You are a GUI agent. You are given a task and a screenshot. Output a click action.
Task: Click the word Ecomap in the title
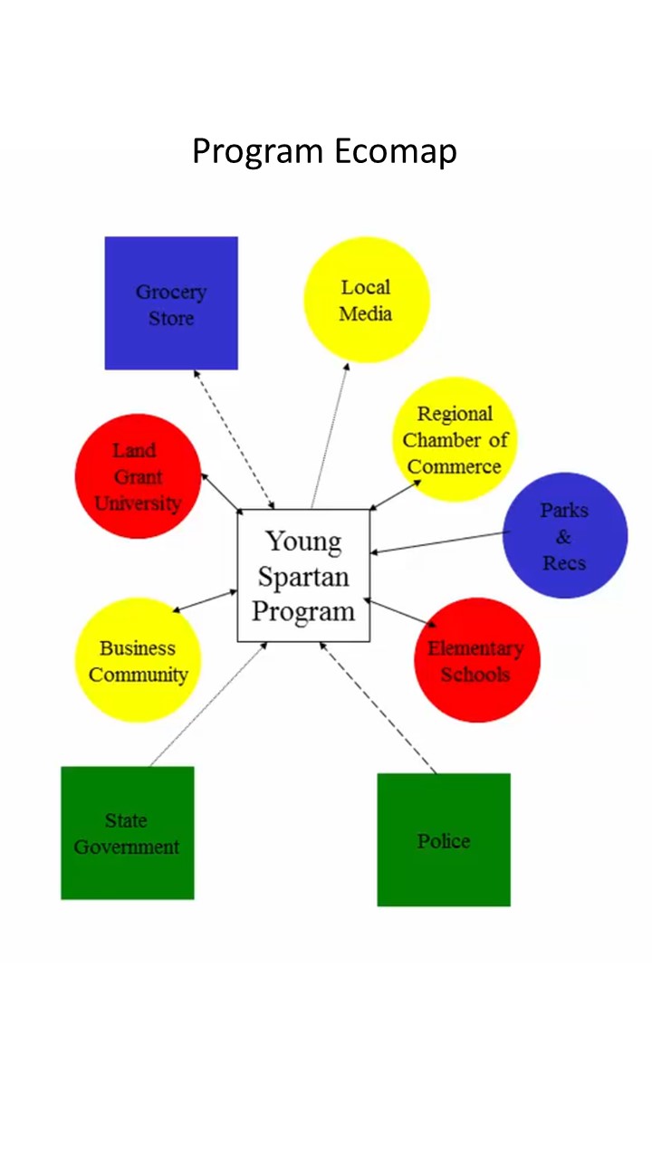tap(395, 150)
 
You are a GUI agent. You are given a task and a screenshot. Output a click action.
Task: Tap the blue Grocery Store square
tap(171, 303)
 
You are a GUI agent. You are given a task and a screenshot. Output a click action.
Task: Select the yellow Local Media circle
tap(366, 300)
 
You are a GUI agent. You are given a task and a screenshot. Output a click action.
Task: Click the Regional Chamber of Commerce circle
tap(454, 440)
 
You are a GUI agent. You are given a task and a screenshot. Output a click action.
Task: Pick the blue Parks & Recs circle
tap(564, 536)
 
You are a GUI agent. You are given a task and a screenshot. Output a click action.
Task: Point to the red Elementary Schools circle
tap(476, 660)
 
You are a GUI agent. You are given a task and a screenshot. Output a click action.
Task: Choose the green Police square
tap(444, 839)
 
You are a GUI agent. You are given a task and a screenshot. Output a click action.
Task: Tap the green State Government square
tap(127, 833)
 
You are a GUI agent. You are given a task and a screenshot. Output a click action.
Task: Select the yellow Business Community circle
tap(138, 660)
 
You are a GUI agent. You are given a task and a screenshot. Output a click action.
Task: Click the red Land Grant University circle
tap(138, 476)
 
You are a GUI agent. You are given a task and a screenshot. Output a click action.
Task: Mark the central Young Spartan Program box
tap(303, 576)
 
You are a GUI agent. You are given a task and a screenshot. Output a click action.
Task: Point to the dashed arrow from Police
tap(378, 708)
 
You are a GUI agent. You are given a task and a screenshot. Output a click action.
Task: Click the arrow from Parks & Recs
tap(440, 542)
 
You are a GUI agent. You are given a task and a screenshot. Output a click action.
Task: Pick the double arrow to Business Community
tap(205, 600)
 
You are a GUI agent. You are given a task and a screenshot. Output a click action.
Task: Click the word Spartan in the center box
tap(303, 576)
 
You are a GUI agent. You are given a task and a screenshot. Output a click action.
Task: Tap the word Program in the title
tap(258, 150)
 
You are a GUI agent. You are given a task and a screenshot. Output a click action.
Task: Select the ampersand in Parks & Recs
tap(564, 537)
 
